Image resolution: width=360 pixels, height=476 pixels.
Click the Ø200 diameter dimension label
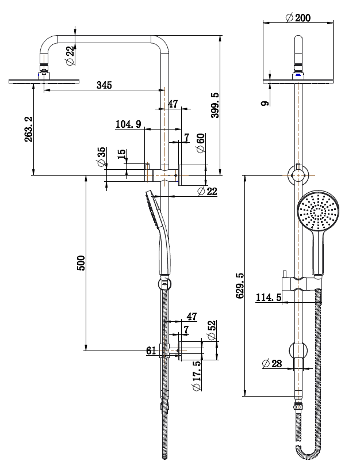pos(298,18)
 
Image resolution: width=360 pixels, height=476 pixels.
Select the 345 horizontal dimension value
pos(104,85)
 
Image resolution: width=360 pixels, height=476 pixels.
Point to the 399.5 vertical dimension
pos(215,105)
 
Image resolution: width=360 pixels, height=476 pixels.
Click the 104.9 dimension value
pos(128,124)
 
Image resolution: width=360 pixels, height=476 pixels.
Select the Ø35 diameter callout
pos(102,156)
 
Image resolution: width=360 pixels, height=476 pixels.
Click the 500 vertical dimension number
pos(81,263)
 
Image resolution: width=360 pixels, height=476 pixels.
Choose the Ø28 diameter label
pos(272,364)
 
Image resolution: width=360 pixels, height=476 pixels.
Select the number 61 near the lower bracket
pos(152,350)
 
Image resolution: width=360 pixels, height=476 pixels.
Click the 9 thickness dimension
pos(264,104)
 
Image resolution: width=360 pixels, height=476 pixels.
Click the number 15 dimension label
pos(121,155)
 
